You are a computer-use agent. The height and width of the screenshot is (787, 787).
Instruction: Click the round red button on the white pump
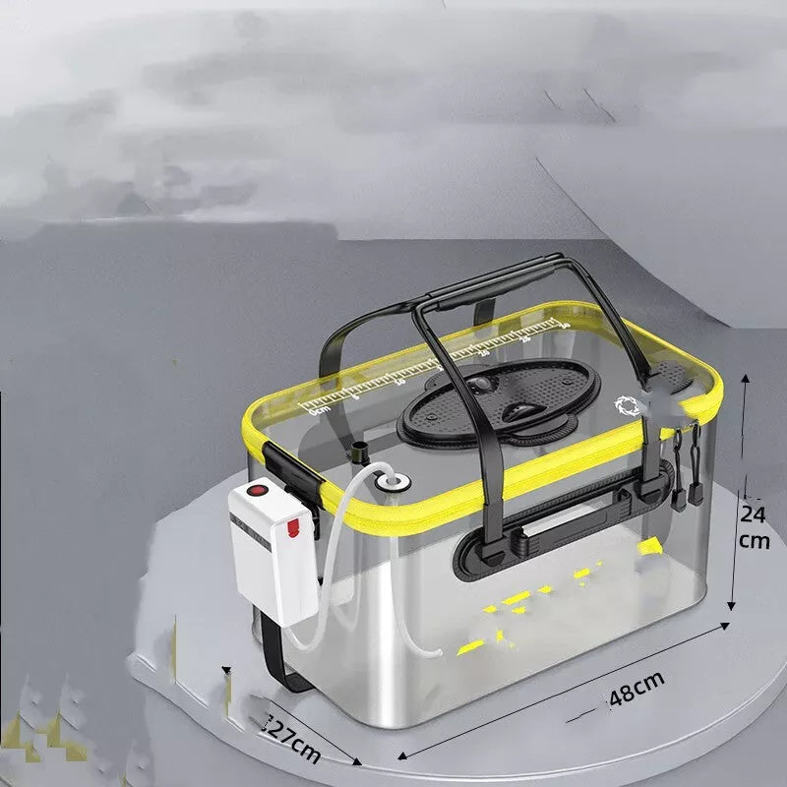click(x=261, y=490)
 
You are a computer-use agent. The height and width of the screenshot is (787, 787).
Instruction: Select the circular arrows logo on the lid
click(x=627, y=405)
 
